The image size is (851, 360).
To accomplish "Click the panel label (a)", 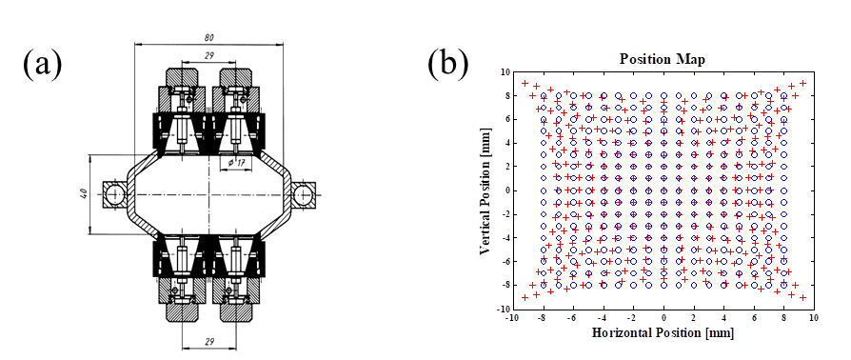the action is pyautogui.click(x=42, y=64).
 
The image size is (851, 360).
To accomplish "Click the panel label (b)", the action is pyautogui.click(x=448, y=64).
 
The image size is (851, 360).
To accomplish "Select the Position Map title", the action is pyautogui.click(x=663, y=60).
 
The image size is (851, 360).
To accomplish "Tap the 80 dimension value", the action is pyautogui.click(x=209, y=37).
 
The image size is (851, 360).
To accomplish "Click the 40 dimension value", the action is pyautogui.click(x=84, y=194).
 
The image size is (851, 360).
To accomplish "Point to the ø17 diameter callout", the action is pyautogui.click(x=233, y=161).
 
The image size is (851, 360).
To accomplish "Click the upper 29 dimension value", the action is pyautogui.click(x=209, y=56).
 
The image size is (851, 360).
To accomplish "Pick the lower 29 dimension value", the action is pyautogui.click(x=209, y=342).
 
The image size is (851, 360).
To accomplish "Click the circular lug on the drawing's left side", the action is pyautogui.click(x=114, y=194).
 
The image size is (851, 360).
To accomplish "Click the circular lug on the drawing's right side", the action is pyautogui.click(x=303, y=194).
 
